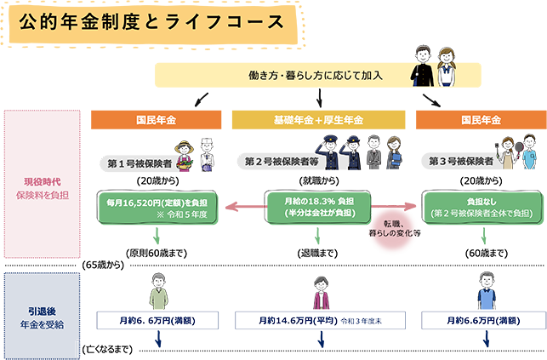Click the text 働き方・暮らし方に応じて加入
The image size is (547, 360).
[x=315, y=75]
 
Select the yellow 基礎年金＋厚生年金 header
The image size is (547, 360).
[x=318, y=119]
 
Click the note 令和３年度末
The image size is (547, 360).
[x=368, y=322]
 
